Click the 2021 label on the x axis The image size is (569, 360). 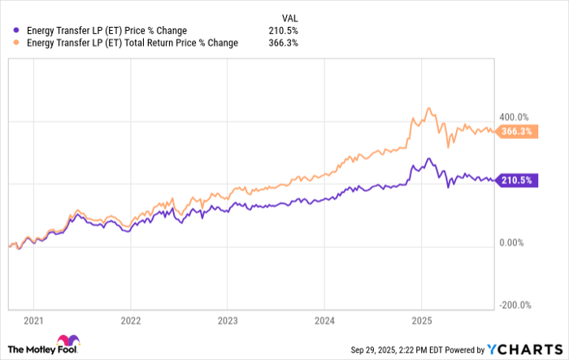(34, 320)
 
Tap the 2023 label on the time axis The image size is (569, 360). (227, 320)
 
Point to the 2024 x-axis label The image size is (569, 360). (324, 320)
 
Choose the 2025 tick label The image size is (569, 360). (420, 320)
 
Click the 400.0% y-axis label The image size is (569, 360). (513, 116)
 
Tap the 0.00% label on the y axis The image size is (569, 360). (515, 243)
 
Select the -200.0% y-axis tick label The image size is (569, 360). (513, 306)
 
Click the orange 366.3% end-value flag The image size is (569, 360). (516, 132)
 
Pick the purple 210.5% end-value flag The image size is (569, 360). (516, 180)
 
